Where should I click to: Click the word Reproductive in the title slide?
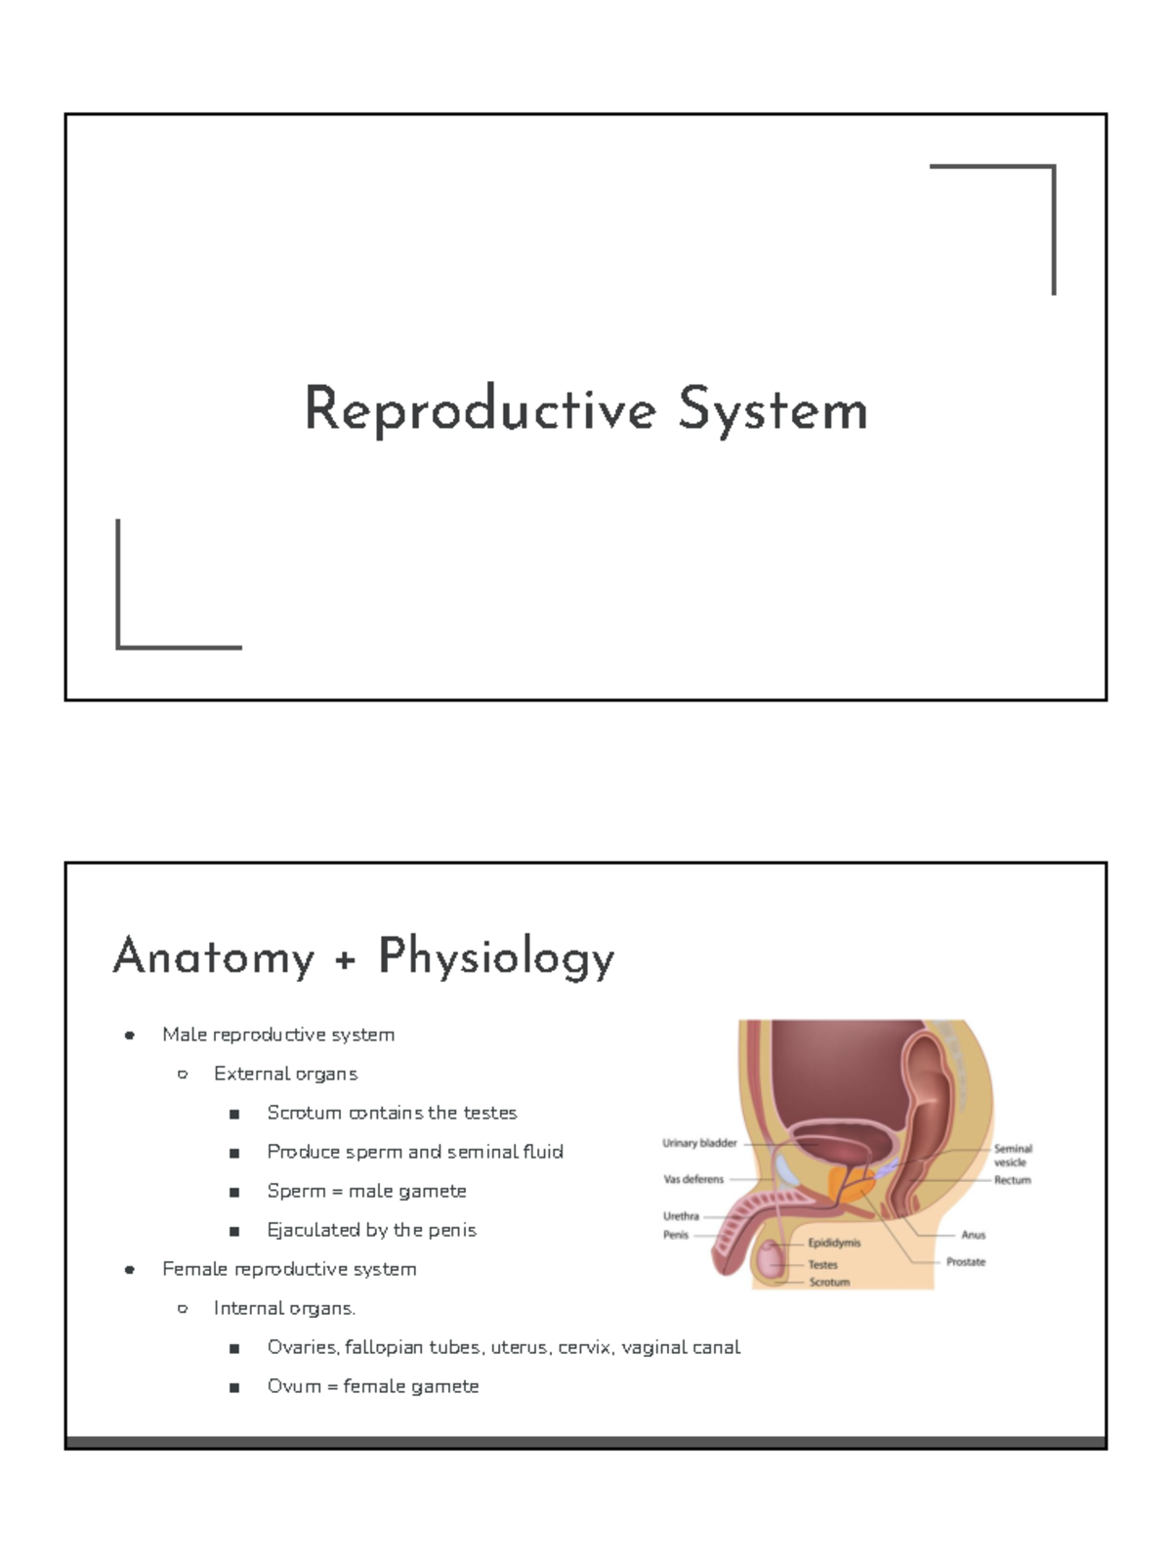point(480,410)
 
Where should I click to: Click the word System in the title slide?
point(773,410)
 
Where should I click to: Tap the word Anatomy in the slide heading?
point(214,956)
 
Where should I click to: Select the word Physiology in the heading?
point(496,957)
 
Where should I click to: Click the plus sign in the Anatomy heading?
point(345,961)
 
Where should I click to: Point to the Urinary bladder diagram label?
point(699,1143)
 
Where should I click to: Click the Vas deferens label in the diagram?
point(693,1179)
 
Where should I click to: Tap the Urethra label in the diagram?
point(681,1216)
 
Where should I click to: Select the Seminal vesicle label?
point(1012,1156)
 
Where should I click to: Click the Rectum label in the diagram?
point(1013,1180)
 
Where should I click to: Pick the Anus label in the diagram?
point(974,1235)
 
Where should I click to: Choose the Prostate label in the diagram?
point(966,1262)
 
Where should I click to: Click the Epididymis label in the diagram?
point(834,1244)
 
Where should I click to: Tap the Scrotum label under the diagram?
point(829,1282)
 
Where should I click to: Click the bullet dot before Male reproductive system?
point(129,1035)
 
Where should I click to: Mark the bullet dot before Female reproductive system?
point(129,1270)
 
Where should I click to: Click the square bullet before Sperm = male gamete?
point(234,1193)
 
